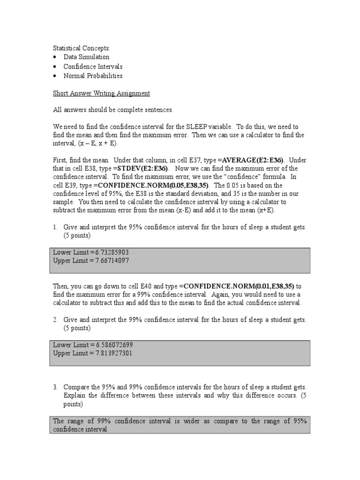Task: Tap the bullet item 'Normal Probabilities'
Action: [93, 75]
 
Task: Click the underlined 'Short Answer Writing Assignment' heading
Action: [101, 93]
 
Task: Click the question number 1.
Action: [55, 227]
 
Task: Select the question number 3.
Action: [55, 387]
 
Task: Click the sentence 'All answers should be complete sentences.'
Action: [113, 110]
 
